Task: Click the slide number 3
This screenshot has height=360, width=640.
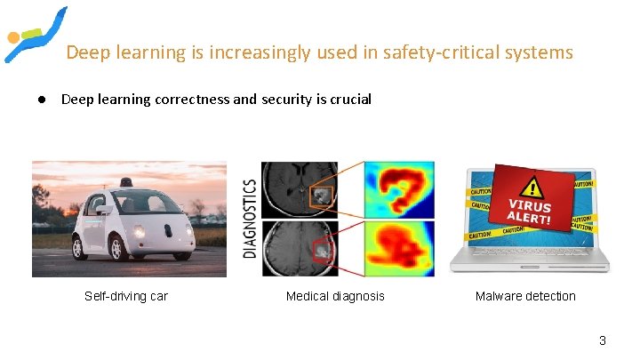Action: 602,340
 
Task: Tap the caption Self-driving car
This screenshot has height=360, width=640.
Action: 126,296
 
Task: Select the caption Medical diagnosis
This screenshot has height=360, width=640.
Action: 335,296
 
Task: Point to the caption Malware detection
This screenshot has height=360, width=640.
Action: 525,296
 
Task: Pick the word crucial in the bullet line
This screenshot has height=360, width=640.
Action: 350,100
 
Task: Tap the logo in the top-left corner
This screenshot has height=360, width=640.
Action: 34,34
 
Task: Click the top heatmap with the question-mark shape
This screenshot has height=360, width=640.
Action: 399,190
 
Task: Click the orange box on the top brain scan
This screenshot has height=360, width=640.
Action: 320,193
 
